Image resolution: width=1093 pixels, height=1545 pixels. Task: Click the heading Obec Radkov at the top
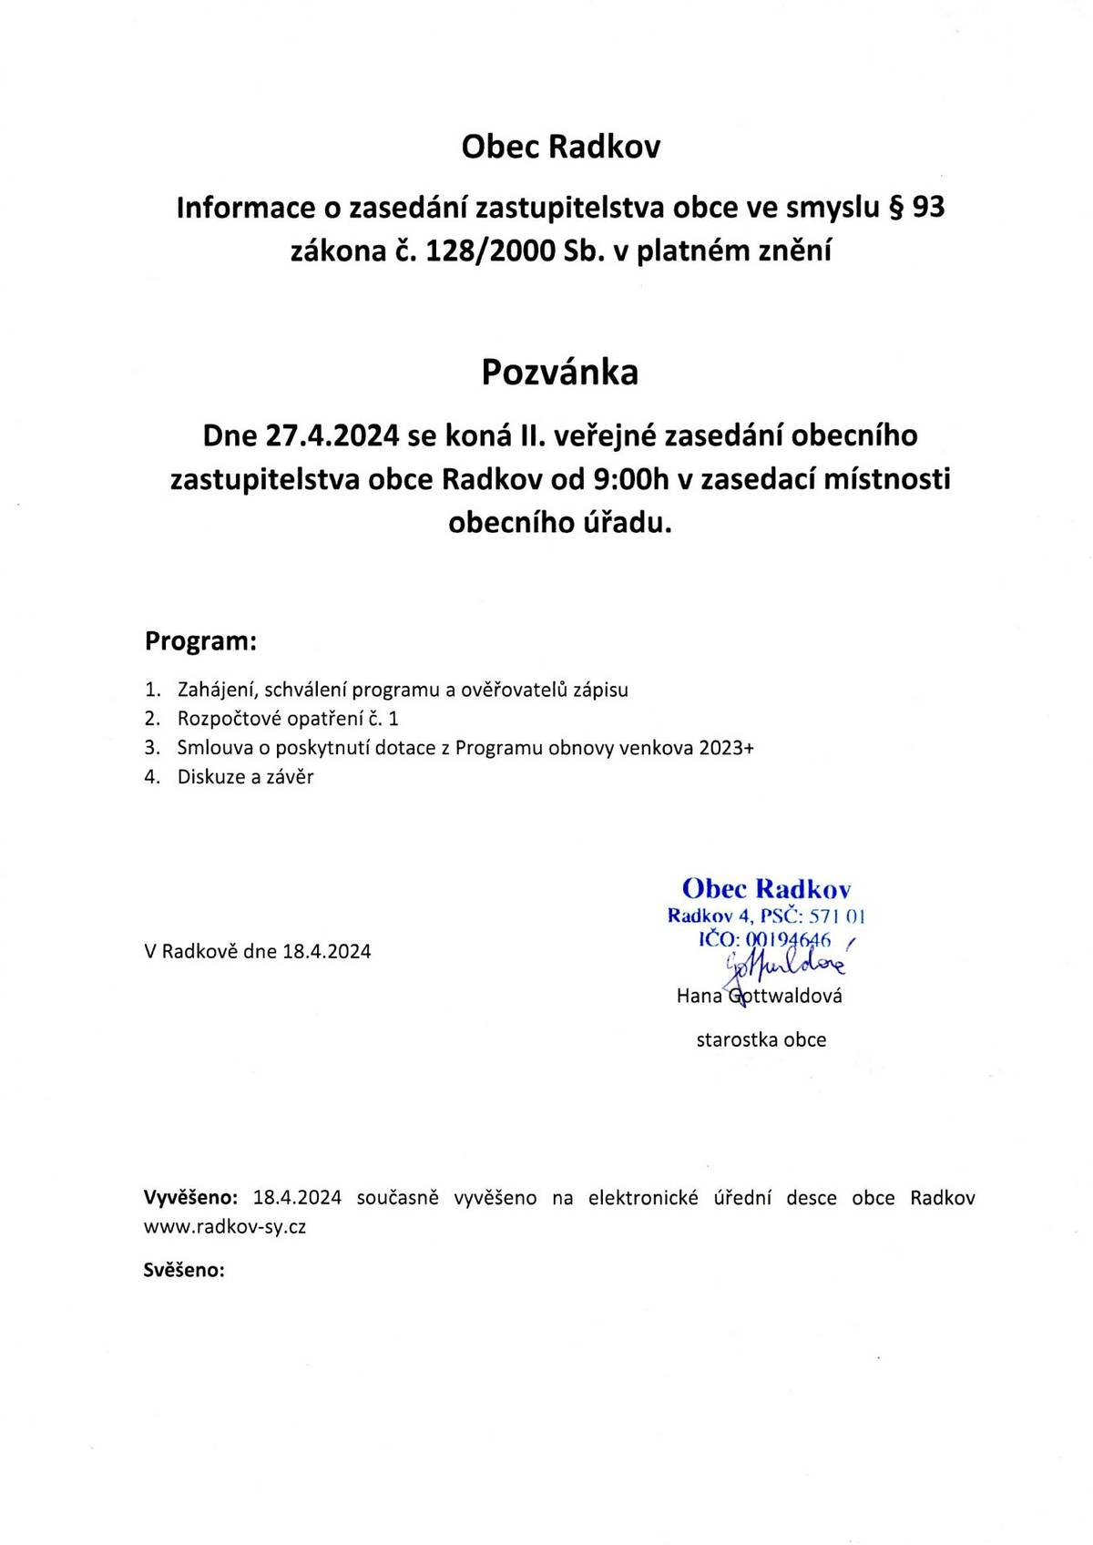(x=561, y=147)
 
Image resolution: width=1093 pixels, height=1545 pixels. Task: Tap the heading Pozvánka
(x=559, y=372)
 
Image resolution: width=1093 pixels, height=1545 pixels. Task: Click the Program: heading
(x=201, y=641)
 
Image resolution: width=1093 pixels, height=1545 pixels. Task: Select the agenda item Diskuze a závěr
(x=246, y=777)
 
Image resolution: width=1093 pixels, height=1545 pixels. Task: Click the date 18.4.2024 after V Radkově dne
(x=327, y=952)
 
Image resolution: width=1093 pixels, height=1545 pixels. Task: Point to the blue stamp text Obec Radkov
(x=766, y=888)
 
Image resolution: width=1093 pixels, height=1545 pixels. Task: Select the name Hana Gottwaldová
(x=759, y=996)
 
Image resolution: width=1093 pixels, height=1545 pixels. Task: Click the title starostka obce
(x=761, y=1040)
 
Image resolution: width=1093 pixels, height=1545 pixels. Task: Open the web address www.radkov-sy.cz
(x=225, y=1227)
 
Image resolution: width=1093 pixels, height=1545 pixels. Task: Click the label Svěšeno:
(x=184, y=1270)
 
